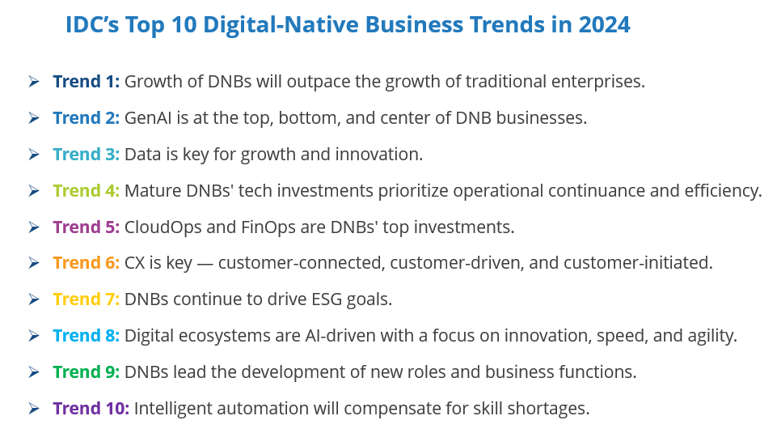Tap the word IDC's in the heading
93,24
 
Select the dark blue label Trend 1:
87,82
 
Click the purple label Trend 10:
91,408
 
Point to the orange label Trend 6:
87,263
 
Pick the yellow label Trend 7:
87,299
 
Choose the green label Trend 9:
87,372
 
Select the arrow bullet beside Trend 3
34,155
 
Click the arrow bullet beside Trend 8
34,336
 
